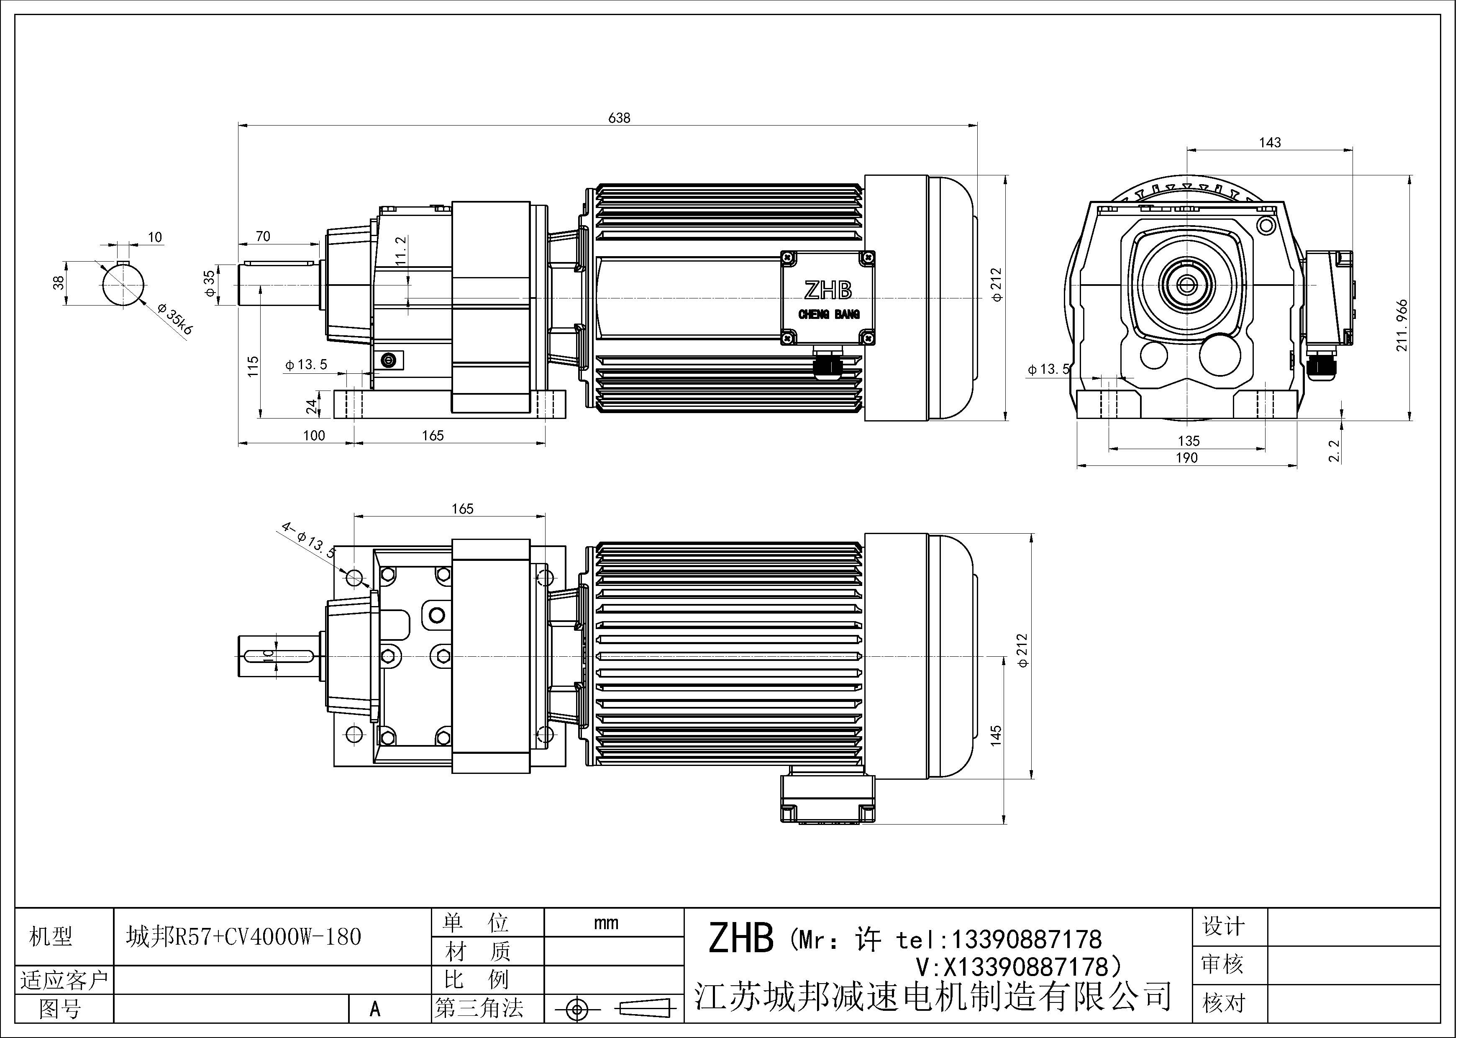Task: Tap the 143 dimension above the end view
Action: pyautogui.click(x=1269, y=143)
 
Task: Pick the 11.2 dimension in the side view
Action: pyautogui.click(x=401, y=250)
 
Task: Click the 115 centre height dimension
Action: pyautogui.click(x=253, y=366)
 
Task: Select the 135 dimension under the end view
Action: pyautogui.click(x=1189, y=441)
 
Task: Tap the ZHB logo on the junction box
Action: pyautogui.click(x=828, y=291)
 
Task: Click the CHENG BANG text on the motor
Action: pyautogui.click(x=829, y=315)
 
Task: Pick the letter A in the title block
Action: pyautogui.click(x=375, y=1009)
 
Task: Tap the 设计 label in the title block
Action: pyautogui.click(x=1223, y=926)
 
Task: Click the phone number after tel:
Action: pyautogui.click(x=1027, y=940)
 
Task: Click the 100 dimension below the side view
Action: pyautogui.click(x=314, y=436)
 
